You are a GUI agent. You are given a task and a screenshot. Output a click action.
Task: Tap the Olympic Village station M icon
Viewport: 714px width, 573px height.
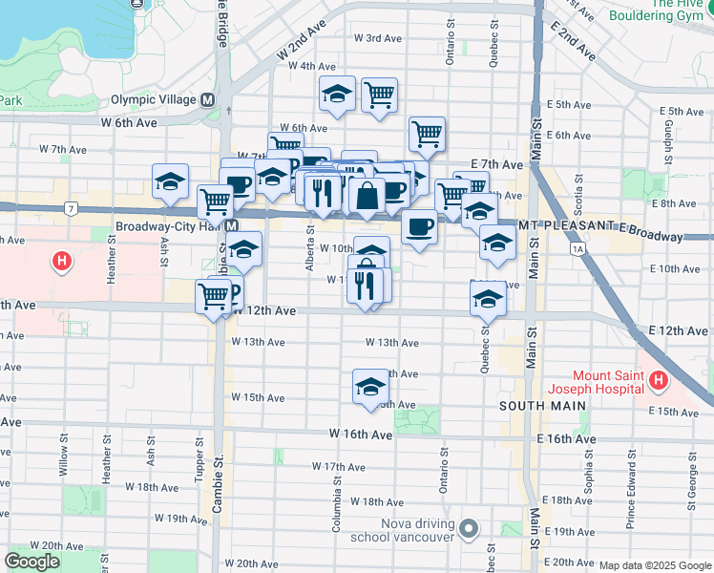[207, 99]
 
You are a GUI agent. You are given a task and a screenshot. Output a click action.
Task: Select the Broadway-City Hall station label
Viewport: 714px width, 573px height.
[170, 227]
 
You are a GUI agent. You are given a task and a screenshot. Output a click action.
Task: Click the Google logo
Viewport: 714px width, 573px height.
[31, 562]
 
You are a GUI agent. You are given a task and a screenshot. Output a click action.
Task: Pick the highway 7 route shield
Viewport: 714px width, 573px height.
[70, 207]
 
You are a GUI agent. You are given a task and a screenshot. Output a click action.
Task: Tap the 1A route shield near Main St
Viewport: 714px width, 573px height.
[577, 248]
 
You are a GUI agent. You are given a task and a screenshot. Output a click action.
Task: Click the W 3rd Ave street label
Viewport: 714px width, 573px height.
[377, 39]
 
